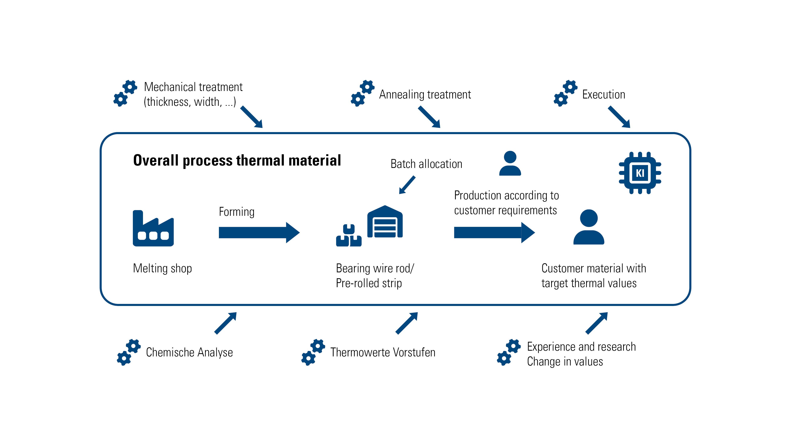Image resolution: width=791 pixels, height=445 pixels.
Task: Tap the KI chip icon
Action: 640,173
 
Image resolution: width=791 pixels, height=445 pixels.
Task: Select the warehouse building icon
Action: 385,222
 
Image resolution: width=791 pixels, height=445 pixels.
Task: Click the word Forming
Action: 237,212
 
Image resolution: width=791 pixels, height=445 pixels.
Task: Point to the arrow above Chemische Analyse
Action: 225,323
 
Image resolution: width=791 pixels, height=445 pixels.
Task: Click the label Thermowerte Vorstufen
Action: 383,352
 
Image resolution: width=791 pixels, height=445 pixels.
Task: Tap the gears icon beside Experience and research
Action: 508,352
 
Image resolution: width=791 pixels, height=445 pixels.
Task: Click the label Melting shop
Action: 162,268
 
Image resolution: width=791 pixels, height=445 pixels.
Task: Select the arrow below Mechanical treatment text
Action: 252,117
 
